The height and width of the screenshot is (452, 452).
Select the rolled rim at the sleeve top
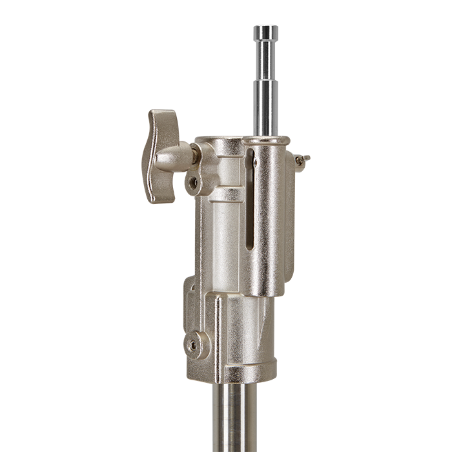click(x=265, y=140)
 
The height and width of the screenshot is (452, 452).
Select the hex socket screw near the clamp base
click(x=194, y=345)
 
